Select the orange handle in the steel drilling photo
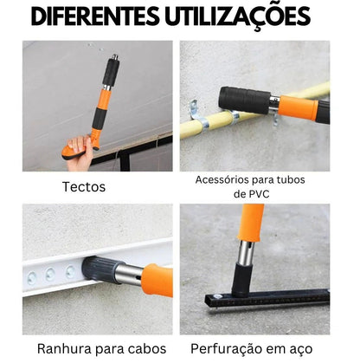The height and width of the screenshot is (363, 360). (253, 221)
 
